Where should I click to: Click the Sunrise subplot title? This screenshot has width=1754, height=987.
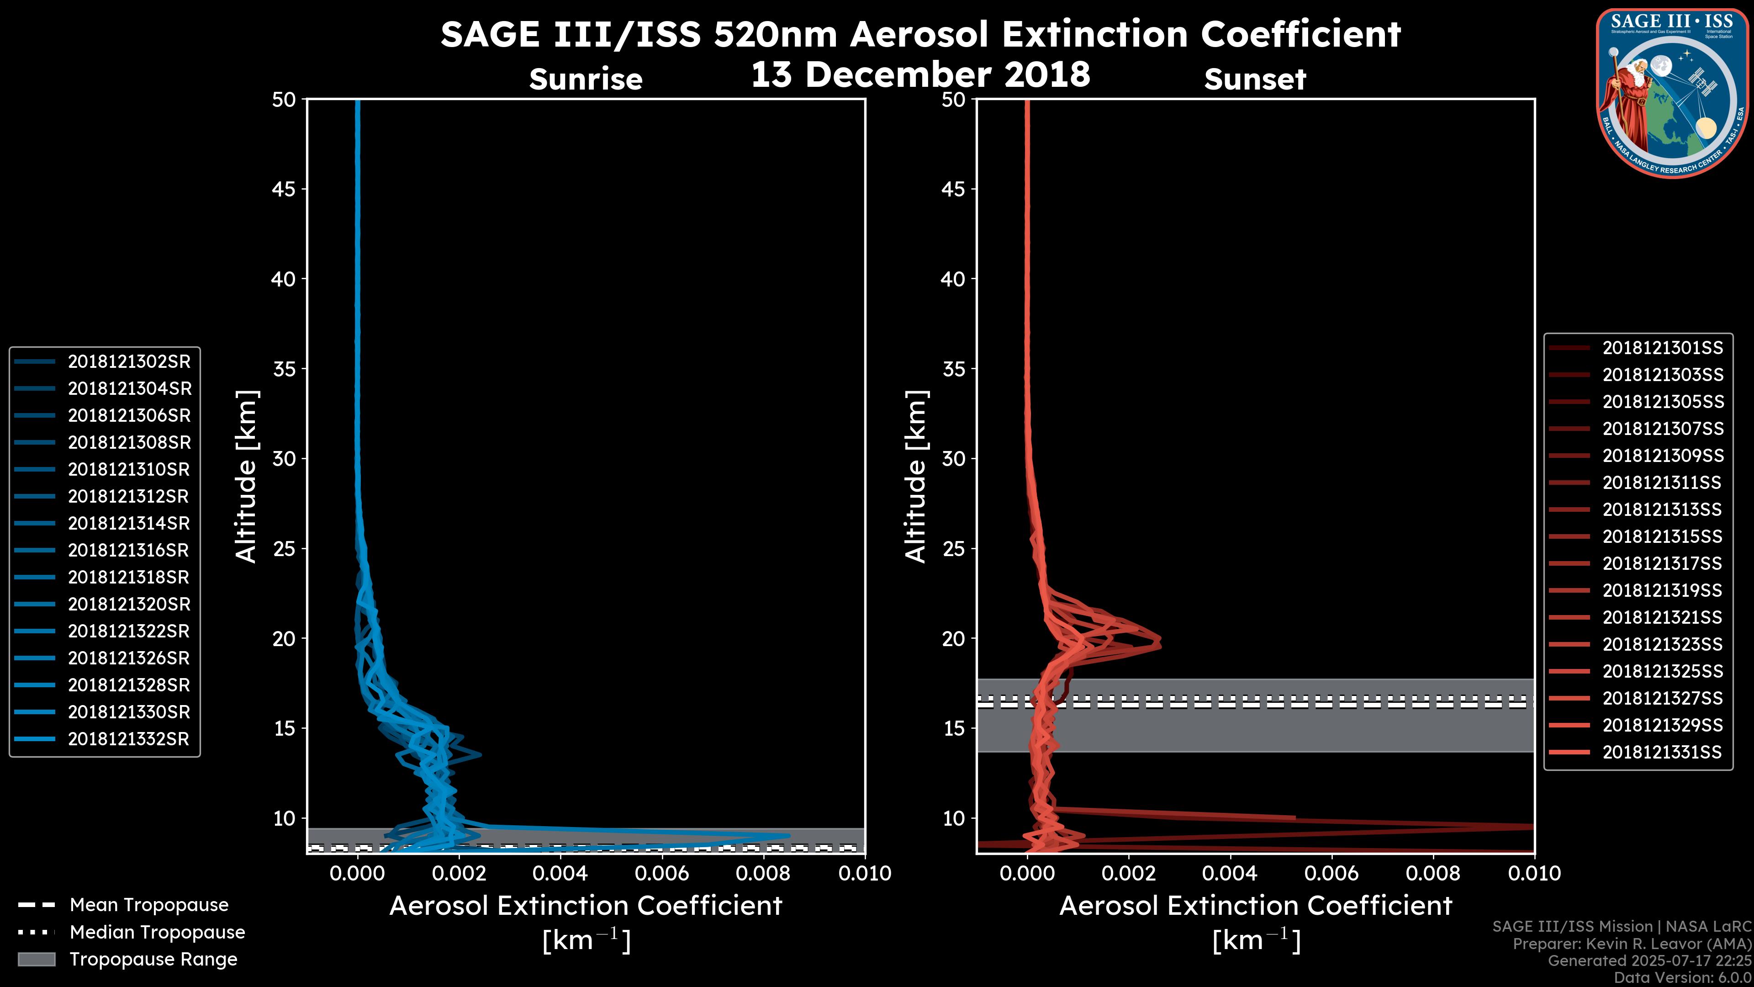(586, 80)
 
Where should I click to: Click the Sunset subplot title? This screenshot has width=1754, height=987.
(1254, 80)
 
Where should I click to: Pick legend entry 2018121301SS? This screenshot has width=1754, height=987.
(1662, 348)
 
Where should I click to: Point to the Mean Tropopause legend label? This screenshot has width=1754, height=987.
(149, 905)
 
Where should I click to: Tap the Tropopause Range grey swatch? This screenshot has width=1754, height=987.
(36, 960)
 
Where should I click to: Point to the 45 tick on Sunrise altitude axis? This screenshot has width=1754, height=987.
(284, 189)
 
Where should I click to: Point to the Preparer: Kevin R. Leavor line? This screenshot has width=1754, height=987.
(1632, 944)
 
